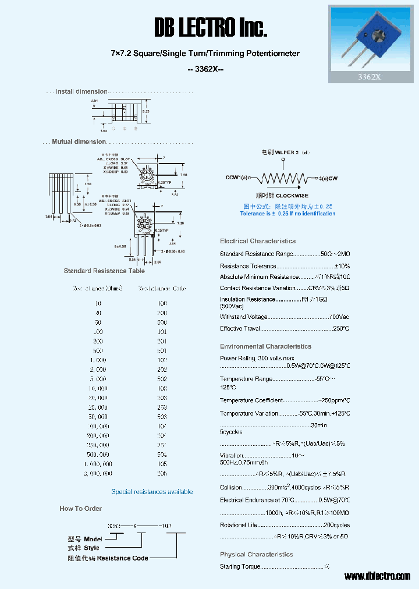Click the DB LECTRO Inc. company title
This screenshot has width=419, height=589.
211,27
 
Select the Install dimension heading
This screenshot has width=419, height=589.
81,91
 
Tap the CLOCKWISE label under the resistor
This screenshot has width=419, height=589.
292,196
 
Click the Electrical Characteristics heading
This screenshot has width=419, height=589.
258,241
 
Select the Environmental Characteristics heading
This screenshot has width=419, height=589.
265,346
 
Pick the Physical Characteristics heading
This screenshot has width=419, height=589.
257,554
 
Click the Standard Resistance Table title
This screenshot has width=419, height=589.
104,271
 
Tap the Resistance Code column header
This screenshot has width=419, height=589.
162,288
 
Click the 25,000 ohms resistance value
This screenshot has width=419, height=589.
98,407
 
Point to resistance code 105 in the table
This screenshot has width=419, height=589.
162,464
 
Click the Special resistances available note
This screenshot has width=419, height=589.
152,492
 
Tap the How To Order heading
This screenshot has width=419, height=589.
80,508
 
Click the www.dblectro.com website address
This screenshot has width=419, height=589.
377,576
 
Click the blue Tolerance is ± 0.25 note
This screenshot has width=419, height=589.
287,214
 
